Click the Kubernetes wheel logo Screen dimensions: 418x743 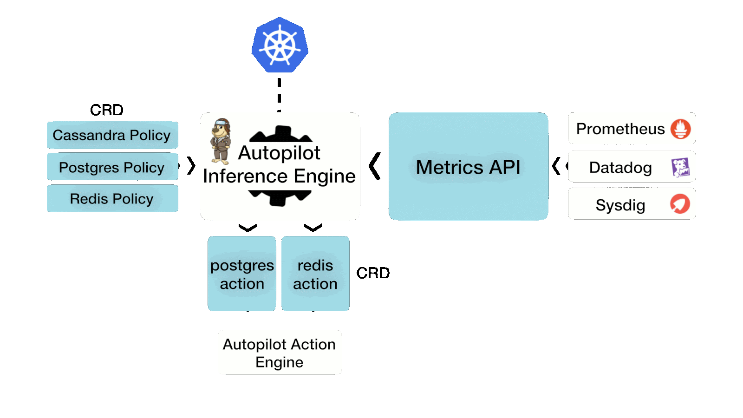[280, 46]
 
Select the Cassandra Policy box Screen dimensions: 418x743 [112, 135]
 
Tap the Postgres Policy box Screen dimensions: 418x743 [112, 167]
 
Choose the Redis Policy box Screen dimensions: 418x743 [112, 199]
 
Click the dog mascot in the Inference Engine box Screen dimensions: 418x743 [221, 141]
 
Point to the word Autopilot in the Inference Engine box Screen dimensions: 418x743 [279, 153]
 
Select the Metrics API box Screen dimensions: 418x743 [468, 167]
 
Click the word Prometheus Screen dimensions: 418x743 [620, 129]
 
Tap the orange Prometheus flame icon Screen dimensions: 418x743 [680, 129]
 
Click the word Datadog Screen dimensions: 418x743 [620, 167]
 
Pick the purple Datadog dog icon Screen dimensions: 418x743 [680, 167]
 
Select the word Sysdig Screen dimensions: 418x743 [620, 205]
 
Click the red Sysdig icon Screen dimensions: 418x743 [680, 204]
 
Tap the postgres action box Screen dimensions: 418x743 [241, 274]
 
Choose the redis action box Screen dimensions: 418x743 [315, 274]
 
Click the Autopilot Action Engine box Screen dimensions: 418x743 [280, 353]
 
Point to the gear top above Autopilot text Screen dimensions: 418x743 [280, 134]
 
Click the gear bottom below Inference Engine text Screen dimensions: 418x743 [280, 198]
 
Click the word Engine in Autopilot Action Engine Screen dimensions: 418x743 [279, 362]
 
